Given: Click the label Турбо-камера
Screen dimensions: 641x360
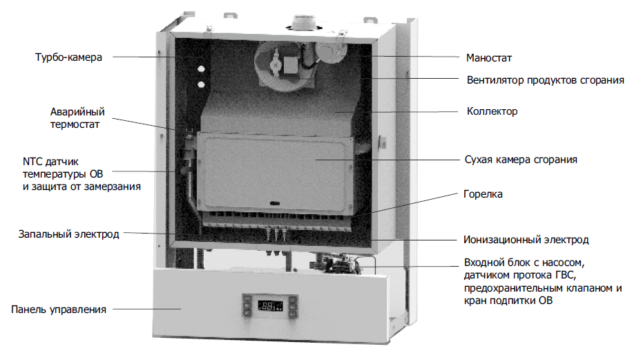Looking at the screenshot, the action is pos(68,57).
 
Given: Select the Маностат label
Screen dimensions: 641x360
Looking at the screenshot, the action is pos(489,58).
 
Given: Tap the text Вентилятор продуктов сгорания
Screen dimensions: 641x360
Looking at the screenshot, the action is pos(546,80).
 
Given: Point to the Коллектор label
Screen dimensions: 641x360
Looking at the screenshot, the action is pos(492,111).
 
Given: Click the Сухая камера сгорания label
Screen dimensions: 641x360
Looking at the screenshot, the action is pos(521,160).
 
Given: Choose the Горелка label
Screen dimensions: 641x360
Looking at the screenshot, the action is pos(483,194).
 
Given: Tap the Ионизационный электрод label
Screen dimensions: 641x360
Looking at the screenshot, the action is pos(526,240).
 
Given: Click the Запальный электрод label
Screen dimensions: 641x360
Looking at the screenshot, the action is pos(68,234).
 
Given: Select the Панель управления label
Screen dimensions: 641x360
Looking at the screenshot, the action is pos(59,310).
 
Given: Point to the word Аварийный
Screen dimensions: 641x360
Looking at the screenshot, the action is pos(77,112).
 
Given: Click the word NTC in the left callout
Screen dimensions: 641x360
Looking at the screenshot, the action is pos(32,162).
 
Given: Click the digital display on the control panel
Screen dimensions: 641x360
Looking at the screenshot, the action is pos(270,305).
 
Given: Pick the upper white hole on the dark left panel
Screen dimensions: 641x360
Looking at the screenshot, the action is pos(201,69).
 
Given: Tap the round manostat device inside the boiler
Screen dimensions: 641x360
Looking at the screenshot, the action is pos(330,52).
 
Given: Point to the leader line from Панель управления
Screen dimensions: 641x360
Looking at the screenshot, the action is pos(146,310).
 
